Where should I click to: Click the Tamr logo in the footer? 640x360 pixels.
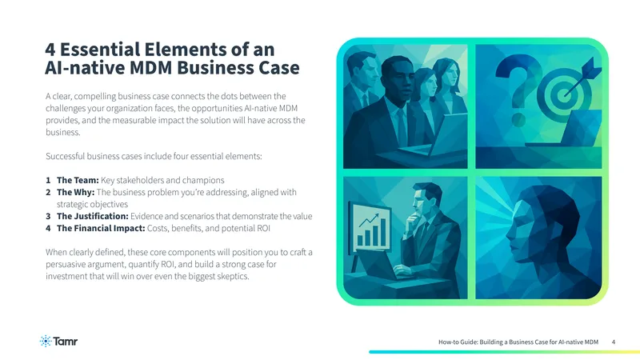pos(58,341)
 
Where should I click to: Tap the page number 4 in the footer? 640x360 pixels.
pos(613,342)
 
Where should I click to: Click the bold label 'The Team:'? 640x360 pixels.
pos(78,180)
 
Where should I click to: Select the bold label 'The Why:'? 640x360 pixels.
pos(75,192)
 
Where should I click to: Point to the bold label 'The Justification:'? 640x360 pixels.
pos(93,216)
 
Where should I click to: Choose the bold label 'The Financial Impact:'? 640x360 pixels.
pos(101,228)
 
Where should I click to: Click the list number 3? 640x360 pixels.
pos(48,216)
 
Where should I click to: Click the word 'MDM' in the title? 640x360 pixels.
pos(151,68)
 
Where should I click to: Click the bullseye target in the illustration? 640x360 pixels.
pos(563,94)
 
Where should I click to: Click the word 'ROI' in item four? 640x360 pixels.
pos(263,228)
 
